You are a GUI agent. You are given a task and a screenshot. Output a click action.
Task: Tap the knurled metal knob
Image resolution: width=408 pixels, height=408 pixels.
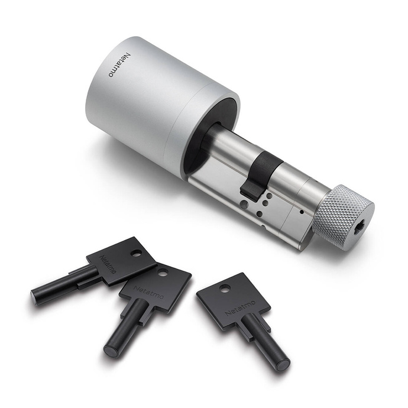(x=344, y=218)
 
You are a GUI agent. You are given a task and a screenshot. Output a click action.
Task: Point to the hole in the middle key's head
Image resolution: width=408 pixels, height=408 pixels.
(x=162, y=273)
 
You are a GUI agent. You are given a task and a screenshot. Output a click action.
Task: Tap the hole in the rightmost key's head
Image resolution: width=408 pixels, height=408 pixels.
(x=225, y=288)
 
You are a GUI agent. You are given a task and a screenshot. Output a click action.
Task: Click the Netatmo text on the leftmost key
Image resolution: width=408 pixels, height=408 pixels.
(x=108, y=264)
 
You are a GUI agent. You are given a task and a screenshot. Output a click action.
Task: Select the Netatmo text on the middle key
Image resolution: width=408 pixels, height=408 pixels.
(x=148, y=293)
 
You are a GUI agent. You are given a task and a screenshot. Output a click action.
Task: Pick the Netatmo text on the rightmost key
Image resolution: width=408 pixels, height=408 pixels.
(x=240, y=307)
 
